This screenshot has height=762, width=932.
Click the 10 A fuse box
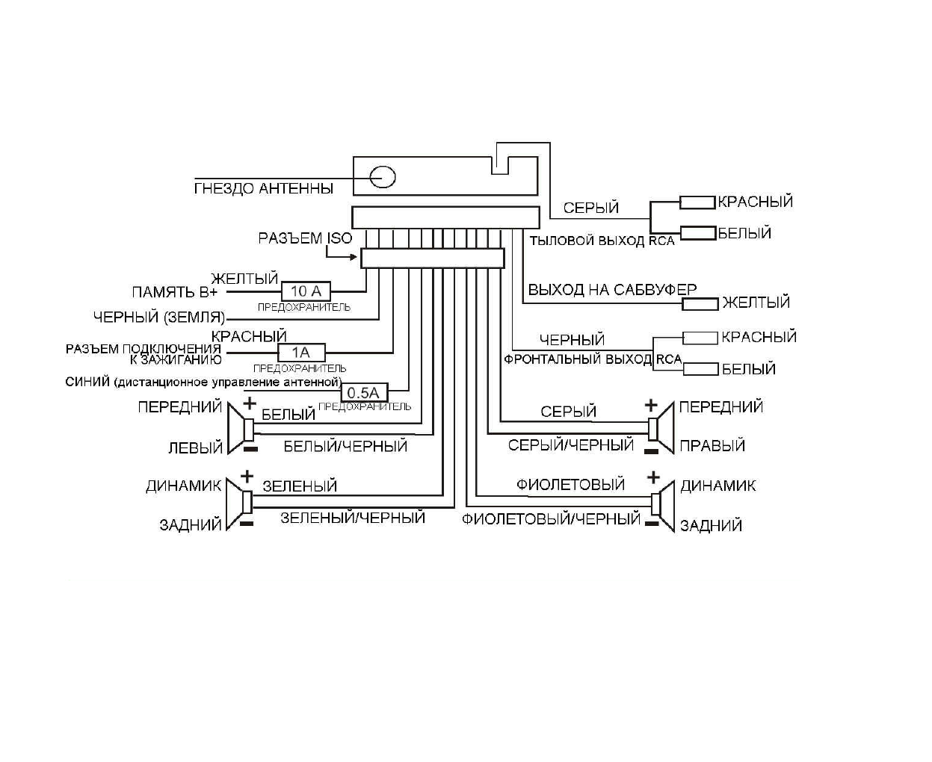pos(306,291)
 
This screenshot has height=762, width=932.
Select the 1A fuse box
pos(301,353)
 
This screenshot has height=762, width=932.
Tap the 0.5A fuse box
pos(364,393)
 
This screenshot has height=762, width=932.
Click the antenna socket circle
pos(383,177)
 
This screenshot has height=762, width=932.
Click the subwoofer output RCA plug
pos(700,303)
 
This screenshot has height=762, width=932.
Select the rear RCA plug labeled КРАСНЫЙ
pos(697,202)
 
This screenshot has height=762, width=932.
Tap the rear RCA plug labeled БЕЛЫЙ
pos(697,233)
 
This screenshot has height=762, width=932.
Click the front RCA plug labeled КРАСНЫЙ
pos(700,338)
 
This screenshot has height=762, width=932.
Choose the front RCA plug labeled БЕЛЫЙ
pos(700,369)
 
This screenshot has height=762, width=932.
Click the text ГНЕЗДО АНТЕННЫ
pos(263,189)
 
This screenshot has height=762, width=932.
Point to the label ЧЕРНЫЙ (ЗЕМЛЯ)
pos(159,317)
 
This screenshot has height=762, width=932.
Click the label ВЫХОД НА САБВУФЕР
pos(612,290)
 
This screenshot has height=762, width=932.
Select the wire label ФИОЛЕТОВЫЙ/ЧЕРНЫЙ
pos(551,518)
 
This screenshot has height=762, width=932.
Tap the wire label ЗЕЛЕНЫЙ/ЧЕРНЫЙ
pos(353,517)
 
